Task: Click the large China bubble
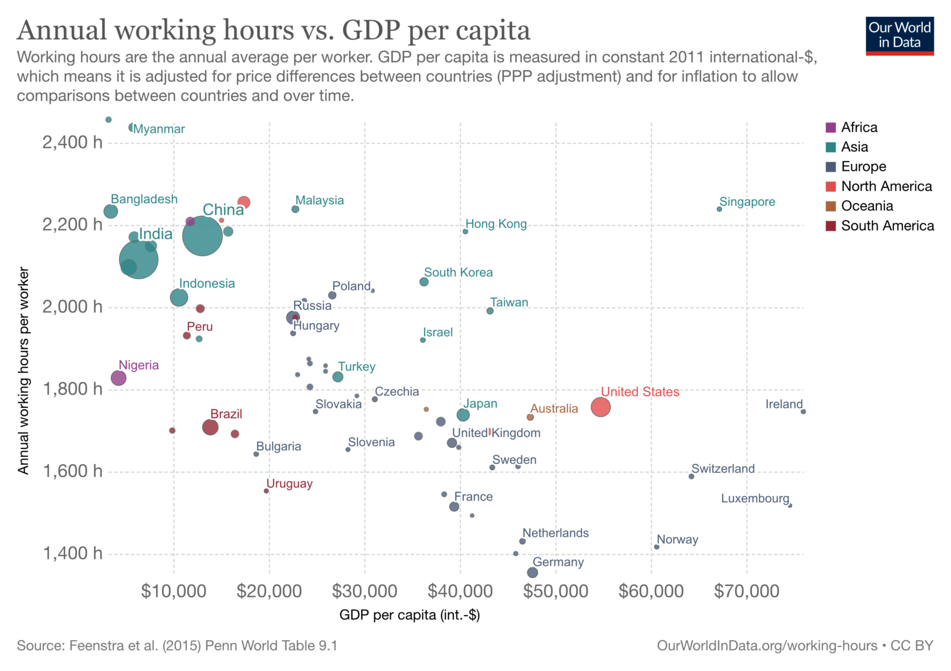pyautogui.click(x=203, y=235)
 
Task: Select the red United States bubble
pyautogui.click(x=601, y=407)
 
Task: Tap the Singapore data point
pyautogui.click(x=719, y=209)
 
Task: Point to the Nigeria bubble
pyautogui.click(x=119, y=378)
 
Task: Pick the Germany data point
pyautogui.click(x=533, y=573)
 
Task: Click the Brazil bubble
pyautogui.click(x=210, y=427)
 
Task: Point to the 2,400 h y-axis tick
pyautogui.click(x=73, y=143)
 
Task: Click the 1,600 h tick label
pyautogui.click(x=73, y=471)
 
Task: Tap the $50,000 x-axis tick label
pyautogui.click(x=555, y=591)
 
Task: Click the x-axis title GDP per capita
pyautogui.click(x=409, y=615)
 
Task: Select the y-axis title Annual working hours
pyautogui.click(x=23, y=371)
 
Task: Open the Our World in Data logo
pyautogui.click(x=900, y=36)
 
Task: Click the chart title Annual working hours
pyautogui.click(x=274, y=30)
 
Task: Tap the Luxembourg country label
pyautogui.click(x=755, y=498)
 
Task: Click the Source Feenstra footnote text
pyautogui.click(x=177, y=646)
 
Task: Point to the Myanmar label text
pyautogui.click(x=159, y=129)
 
